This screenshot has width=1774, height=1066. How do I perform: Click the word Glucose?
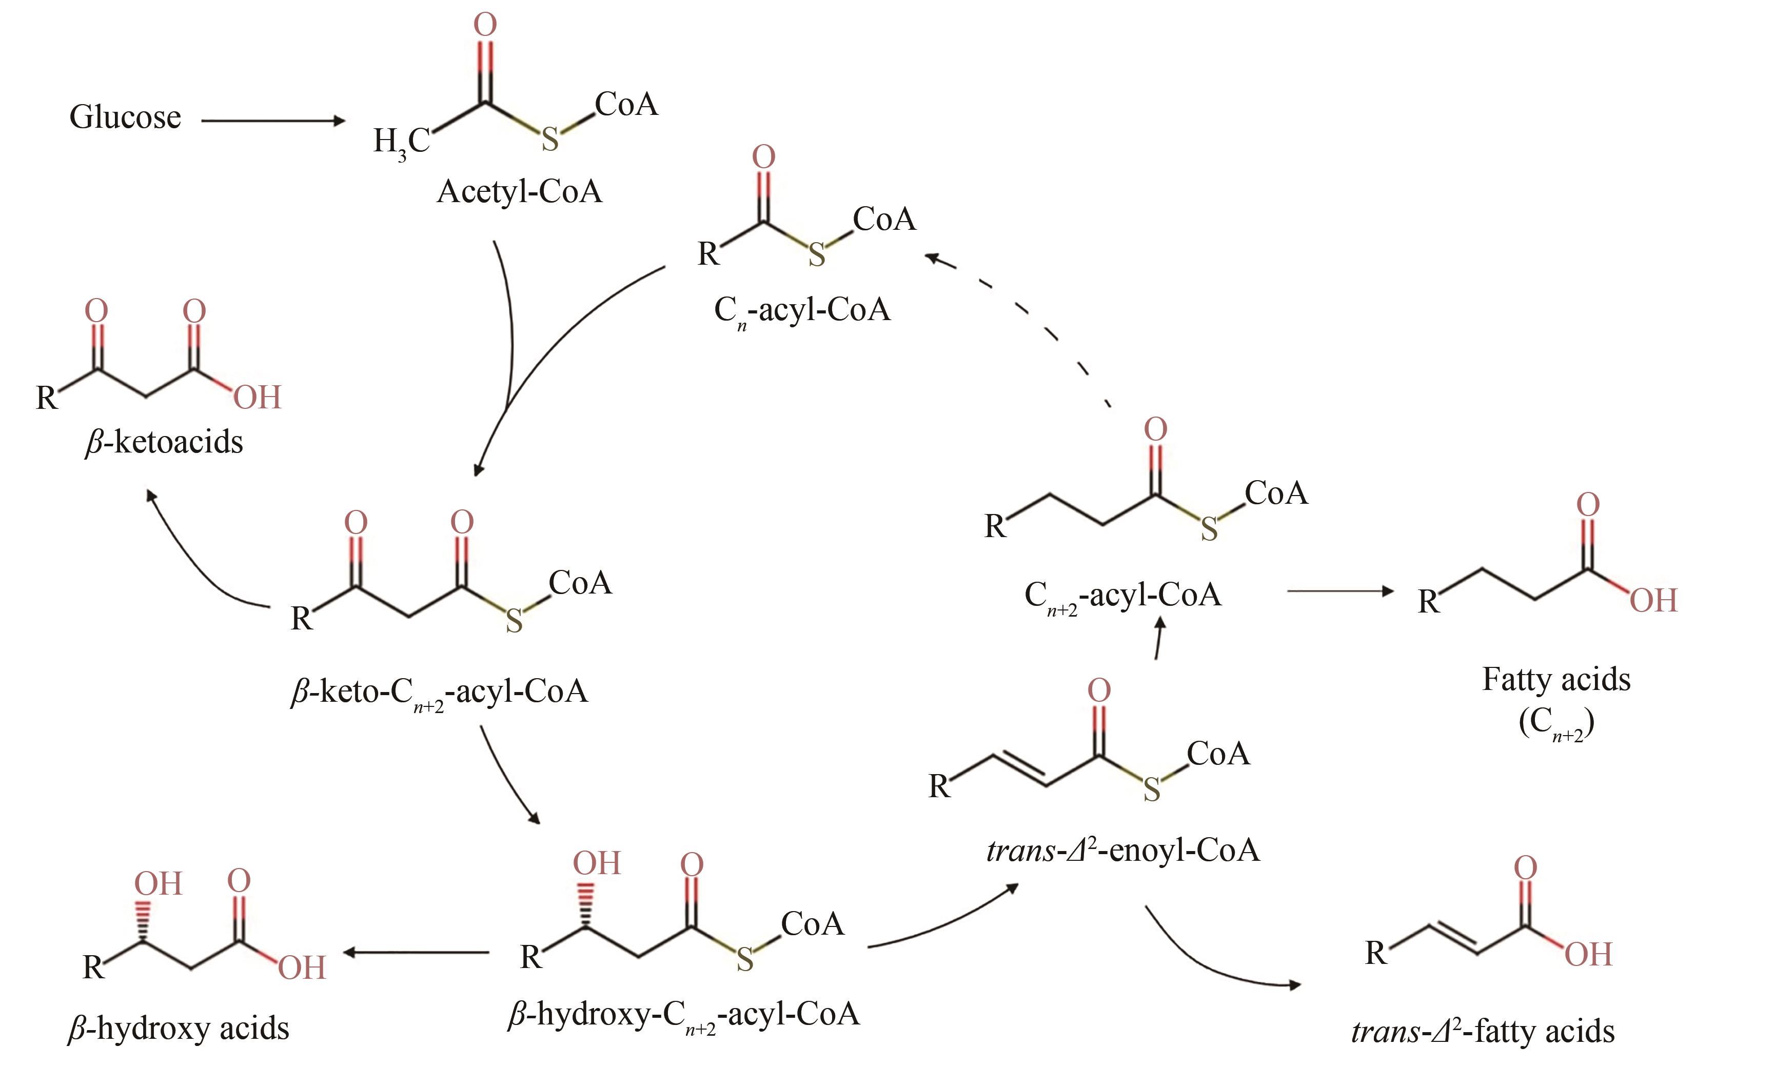click(x=125, y=117)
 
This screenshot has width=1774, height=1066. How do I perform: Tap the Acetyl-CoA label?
click(x=519, y=192)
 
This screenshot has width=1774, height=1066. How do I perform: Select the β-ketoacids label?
click(x=164, y=442)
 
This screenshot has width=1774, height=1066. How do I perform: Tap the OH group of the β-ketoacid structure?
click(x=257, y=397)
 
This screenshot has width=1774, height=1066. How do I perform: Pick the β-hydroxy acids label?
click(x=178, y=1029)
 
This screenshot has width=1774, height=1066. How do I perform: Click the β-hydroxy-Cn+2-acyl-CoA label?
click(x=683, y=1014)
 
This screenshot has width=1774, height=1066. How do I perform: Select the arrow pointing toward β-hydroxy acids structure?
click(x=417, y=953)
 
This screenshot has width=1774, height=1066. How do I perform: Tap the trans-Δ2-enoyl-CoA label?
click(x=1122, y=851)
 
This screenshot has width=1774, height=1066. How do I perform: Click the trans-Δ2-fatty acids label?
click(x=1483, y=1032)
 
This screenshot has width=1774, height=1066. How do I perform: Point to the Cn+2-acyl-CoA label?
click(x=1122, y=596)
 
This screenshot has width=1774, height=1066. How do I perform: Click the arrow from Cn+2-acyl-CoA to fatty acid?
click(x=1339, y=591)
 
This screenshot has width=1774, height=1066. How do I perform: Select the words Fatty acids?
click(x=1556, y=680)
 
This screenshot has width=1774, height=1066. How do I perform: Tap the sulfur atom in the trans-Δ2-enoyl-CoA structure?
click(x=1151, y=790)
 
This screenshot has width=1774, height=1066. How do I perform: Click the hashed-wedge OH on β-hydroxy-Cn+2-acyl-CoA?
click(x=596, y=863)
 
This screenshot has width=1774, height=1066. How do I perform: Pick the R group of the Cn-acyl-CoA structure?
click(x=708, y=253)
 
